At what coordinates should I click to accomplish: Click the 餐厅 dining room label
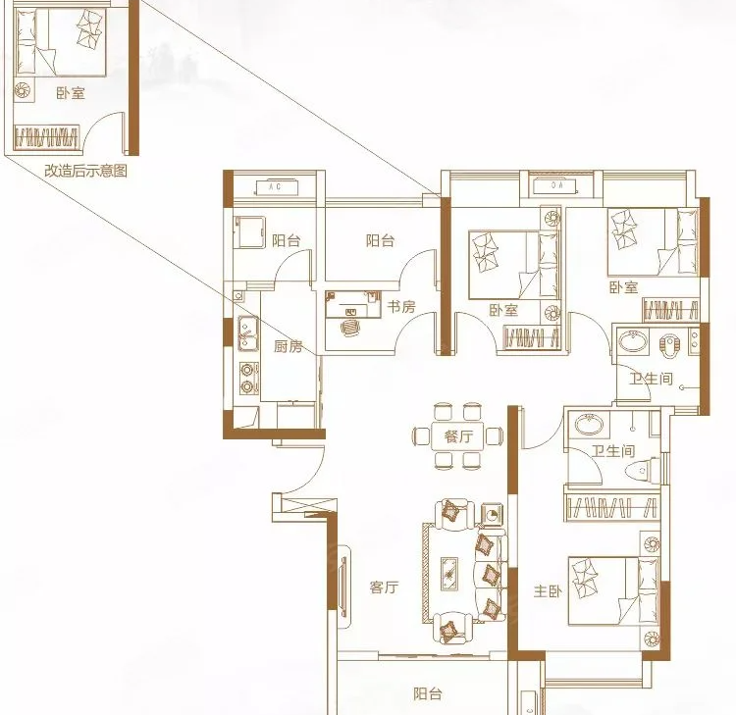tap(458, 436)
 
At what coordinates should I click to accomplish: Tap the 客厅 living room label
tap(384, 587)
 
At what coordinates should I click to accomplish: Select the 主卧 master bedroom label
tap(548, 591)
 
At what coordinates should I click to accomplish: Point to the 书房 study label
tap(401, 307)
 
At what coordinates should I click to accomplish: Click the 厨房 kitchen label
tap(289, 346)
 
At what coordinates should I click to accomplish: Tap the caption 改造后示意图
tap(86, 171)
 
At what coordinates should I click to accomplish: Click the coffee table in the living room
tap(449, 574)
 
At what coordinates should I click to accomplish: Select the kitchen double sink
tap(247, 332)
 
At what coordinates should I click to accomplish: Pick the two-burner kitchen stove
tap(248, 379)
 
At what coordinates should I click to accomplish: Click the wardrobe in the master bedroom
tap(611, 507)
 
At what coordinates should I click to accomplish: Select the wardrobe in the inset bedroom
tap(46, 137)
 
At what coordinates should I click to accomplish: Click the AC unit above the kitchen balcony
tap(276, 187)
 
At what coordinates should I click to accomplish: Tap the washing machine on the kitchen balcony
tap(249, 231)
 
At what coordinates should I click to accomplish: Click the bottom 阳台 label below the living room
tap(428, 693)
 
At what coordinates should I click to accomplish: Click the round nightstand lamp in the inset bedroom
tap(22, 89)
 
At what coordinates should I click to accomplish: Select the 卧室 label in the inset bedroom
tap(71, 93)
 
